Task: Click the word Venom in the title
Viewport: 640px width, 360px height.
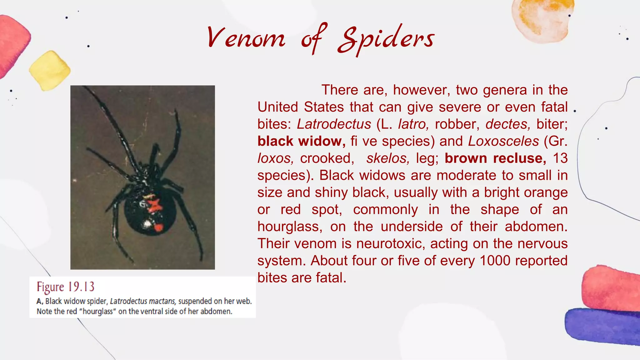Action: point(246,38)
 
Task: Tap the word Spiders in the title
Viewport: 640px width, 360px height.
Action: point(386,39)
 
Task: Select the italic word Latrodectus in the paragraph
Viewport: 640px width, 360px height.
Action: point(334,124)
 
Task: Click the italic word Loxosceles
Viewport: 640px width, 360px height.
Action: point(503,141)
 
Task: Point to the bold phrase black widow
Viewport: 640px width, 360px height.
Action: point(301,141)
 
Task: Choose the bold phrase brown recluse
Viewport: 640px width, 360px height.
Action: point(495,158)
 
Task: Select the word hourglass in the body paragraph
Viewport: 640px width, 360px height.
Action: point(290,227)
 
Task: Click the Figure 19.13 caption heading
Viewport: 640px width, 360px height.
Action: point(65,287)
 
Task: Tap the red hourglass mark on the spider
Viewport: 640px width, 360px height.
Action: point(154,205)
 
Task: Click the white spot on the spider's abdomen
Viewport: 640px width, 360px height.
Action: point(146,224)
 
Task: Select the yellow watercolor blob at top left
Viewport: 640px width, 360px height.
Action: point(50,71)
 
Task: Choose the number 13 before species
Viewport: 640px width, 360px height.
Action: point(560,158)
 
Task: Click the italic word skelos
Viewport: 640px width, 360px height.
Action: point(388,158)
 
